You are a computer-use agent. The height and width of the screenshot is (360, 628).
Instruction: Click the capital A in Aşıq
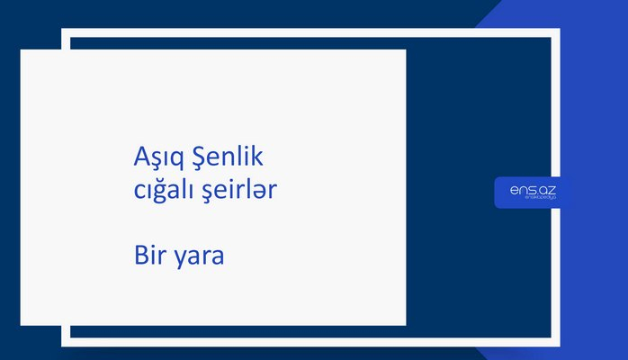[x=139, y=158]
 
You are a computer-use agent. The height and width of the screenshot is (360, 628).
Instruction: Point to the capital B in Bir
[x=139, y=255]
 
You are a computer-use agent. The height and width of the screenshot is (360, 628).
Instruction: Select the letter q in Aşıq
[x=173, y=162]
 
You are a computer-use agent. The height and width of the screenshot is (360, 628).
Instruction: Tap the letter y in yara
[x=181, y=258]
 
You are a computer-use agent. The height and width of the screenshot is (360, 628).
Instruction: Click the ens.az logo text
[x=533, y=189]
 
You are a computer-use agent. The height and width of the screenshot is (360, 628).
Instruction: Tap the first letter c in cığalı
[x=137, y=192]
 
